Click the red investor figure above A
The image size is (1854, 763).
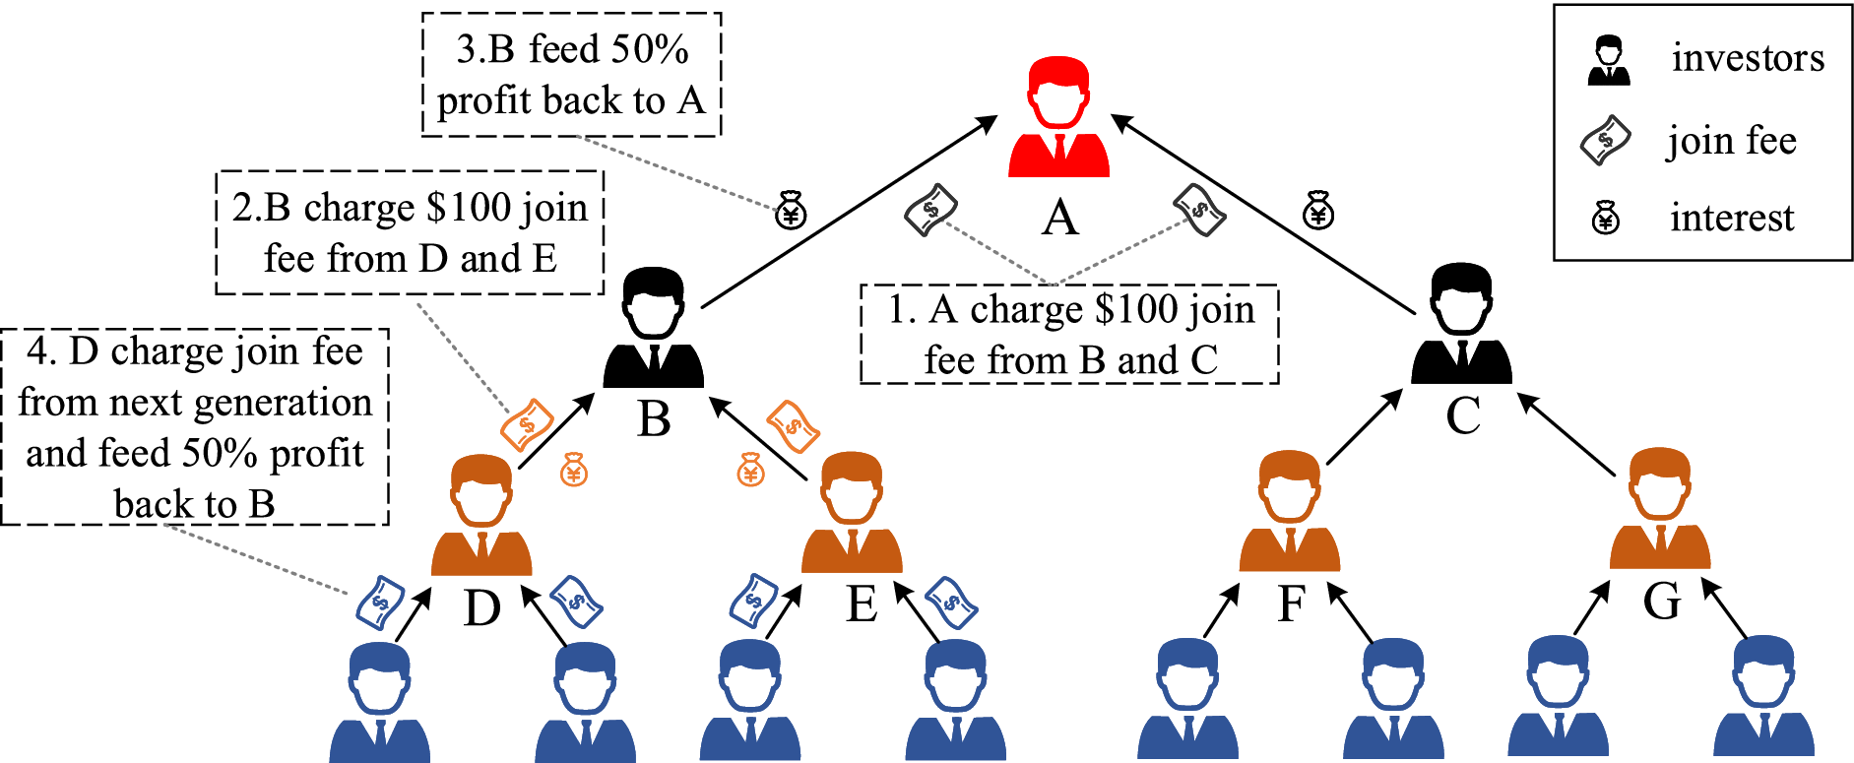click(1058, 118)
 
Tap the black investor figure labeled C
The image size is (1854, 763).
click(1461, 325)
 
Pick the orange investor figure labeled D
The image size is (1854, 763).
click(481, 516)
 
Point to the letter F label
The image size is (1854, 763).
click(1291, 603)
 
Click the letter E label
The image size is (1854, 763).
click(862, 604)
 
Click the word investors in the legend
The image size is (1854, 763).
click(1748, 58)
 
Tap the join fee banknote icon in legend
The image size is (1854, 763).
click(1606, 140)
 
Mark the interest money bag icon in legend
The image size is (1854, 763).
click(1606, 218)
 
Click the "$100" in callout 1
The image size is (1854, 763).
click(1133, 310)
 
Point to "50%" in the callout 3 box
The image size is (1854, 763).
click(650, 49)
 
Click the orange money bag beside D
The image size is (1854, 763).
click(574, 470)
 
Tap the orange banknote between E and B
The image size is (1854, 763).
click(793, 426)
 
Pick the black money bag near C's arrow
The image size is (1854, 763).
click(1318, 210)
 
